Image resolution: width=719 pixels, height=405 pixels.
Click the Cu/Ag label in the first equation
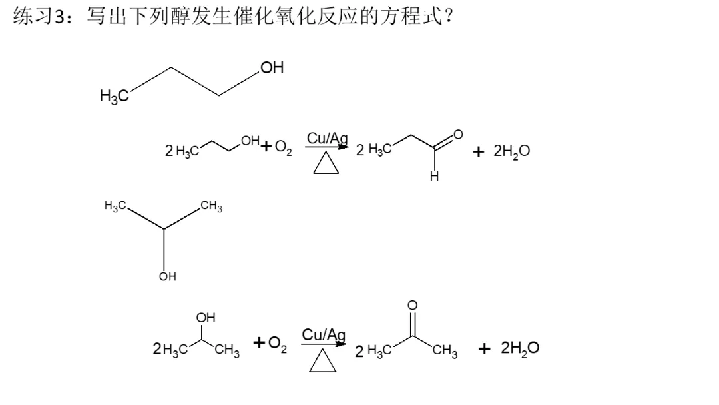327,139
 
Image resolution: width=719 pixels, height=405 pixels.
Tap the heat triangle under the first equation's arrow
327,163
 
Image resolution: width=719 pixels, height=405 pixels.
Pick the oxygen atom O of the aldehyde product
459,134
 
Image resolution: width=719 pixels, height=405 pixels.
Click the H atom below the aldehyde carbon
434,177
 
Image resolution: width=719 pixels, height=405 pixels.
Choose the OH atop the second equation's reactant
205,318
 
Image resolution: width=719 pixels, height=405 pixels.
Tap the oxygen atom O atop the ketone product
412,306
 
